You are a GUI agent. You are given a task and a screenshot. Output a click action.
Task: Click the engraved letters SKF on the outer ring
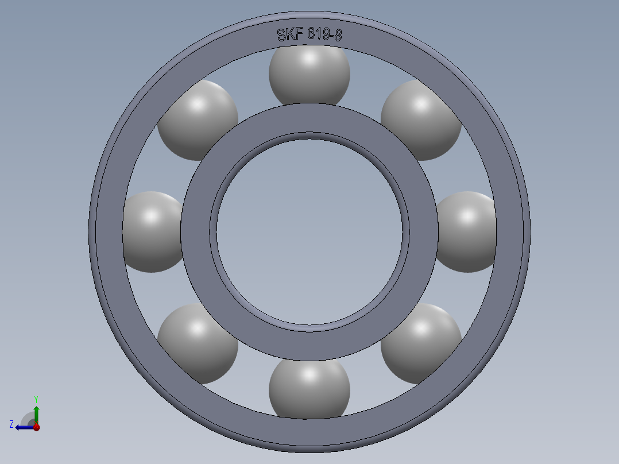290,34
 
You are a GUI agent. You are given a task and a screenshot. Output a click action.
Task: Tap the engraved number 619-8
324,34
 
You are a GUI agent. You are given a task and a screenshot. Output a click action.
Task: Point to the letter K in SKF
290,34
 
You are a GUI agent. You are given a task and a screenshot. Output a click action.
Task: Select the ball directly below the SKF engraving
309,75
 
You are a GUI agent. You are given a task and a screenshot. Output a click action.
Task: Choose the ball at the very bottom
309,388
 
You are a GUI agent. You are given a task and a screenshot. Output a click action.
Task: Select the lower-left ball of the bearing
197,343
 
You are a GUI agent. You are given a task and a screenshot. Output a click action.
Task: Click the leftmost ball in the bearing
151,231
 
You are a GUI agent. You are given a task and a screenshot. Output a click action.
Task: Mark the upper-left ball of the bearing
197,119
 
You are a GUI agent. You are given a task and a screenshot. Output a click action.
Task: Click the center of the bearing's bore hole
309,231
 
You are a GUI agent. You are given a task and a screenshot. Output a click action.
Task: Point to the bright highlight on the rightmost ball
468,216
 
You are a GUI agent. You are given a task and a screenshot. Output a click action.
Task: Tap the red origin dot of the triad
36,427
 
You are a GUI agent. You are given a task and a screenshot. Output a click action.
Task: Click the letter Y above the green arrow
36,399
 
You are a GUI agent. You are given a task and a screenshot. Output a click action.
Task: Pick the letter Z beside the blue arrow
11,424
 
